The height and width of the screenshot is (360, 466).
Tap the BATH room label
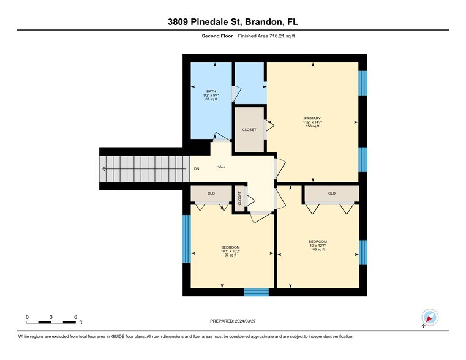pyautogui.click(x=211, y=91)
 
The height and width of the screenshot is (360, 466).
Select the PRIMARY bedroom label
pyautogui.click(x=312, y=118)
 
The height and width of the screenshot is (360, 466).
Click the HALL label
pyautogui.click(x=221, y=167)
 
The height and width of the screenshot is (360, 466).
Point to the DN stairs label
pyautogui.click(x=197, y=169)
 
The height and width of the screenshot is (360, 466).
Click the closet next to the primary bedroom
pyautogui.click(x=249, y=130)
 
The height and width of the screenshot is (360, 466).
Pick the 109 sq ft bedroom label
pyautogui.click(x=318, y=246)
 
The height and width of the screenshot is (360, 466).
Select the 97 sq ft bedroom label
pyautogui.click(x=230, y=251)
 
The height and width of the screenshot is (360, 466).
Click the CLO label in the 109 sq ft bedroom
pyautogui.click(x=332, y=193)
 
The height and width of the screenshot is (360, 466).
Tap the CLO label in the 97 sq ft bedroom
pyautogui.click(x=211, y=193)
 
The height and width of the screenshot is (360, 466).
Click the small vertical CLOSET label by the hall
pyautogui.click(x=239, y=198)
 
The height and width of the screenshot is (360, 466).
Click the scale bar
pyautogui.click(x=51, y=322)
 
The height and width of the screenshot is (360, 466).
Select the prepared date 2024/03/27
pyautogui.click(x=233, y=321)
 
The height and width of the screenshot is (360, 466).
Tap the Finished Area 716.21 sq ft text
pyautogui.click(x=266, y=36)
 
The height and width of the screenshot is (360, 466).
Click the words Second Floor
pyautogui.click(x=217, y=36)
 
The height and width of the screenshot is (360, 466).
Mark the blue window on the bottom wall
pyautogui.click(x=257, y=292)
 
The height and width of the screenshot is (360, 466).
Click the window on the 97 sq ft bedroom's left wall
pyautogui.click(x=186, y=239)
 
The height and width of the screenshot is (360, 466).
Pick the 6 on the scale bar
pyautogui.click(x=75, y=317)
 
